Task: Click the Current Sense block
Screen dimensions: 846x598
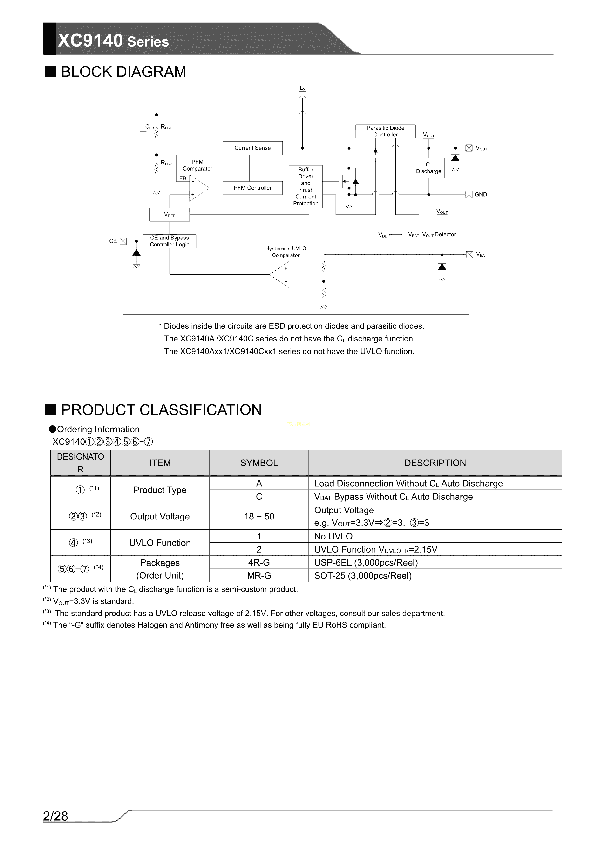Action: click(252, 148)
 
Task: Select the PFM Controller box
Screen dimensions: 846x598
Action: click(252, 188)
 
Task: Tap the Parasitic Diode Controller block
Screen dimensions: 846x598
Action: click(385, 131)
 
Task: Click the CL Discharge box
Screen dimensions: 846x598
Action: click(428, 168)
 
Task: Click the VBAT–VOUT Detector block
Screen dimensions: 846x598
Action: click(432, 235)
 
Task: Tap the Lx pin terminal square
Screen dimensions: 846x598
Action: click(303, 95)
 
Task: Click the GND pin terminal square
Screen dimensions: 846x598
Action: click(469, 195)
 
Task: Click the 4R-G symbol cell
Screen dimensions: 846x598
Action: click(259, 563)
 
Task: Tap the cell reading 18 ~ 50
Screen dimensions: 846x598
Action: click(259, 517)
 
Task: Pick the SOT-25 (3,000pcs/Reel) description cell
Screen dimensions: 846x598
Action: click(363, 576)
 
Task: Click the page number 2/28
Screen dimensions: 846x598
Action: click(56, 816)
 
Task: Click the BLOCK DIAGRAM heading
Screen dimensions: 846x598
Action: click(123, 72)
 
